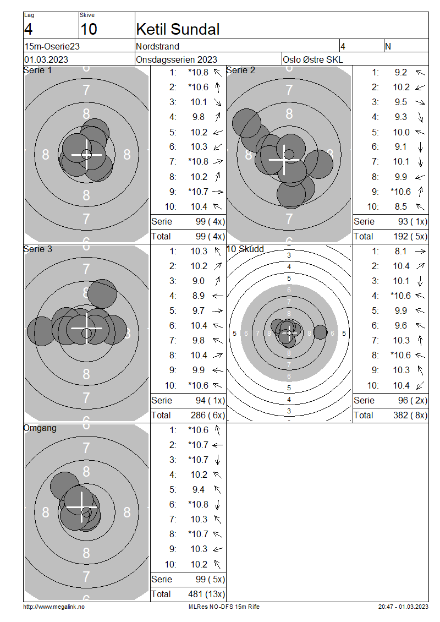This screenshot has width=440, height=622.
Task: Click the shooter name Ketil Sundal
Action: (178, 29)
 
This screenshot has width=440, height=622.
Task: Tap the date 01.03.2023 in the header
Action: (46, 59)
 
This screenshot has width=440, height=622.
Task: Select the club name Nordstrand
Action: (157, 46)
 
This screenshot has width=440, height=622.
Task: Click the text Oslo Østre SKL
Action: (313, 59)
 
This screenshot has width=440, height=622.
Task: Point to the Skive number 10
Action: (89, 29)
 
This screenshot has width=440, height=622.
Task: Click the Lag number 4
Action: (28, 29)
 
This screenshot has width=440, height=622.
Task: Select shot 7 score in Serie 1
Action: (198, 161)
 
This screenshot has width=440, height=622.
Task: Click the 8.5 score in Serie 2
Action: (401, 206)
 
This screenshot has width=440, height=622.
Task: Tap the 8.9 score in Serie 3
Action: (199, 296)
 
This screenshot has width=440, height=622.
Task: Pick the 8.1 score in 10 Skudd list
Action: (401, 251)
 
